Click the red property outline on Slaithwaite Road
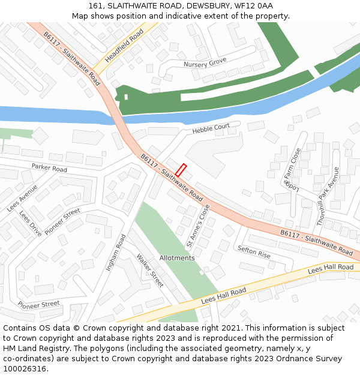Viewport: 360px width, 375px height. (181, 170)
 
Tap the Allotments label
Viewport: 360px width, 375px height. (177, 258)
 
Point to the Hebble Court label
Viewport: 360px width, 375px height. (211, 128)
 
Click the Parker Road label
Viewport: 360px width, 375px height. (49, 168)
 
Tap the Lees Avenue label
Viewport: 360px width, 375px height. (22, 198)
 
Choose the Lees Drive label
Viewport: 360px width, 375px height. (30, 223)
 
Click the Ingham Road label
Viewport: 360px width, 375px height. (115, 253)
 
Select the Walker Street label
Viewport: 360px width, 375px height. (150, 271)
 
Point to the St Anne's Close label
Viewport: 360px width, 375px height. (199, 226)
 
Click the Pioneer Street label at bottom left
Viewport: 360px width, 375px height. (39, 304)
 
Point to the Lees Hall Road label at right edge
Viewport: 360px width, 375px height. (331, 268)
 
